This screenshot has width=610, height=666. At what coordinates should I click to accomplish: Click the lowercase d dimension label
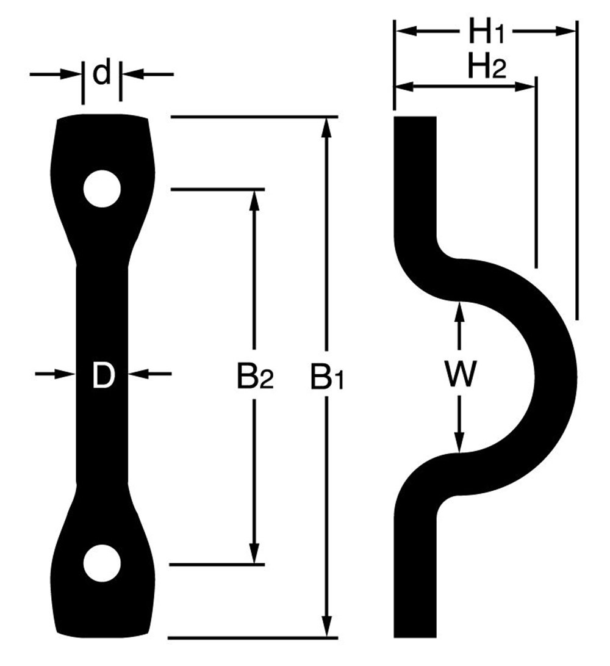102,74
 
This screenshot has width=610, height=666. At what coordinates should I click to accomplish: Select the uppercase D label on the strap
103,375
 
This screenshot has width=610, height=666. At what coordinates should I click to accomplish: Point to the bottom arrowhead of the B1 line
328,628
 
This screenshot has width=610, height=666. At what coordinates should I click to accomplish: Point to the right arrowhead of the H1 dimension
567,31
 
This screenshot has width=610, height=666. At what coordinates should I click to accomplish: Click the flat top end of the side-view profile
415,118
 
